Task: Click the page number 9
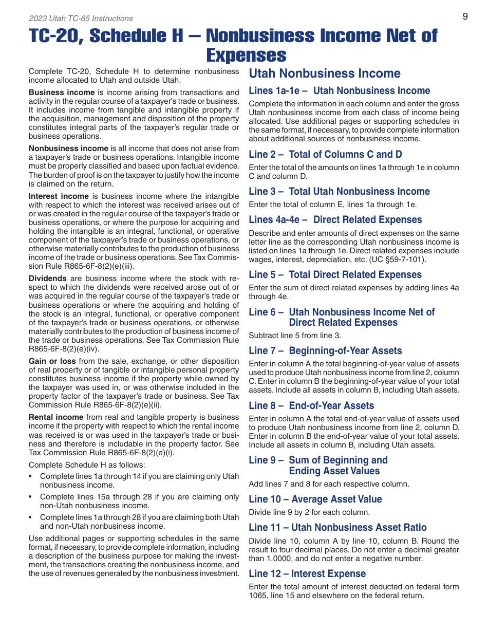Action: tap(465, 16)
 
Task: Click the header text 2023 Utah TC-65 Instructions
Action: tap(81, 18)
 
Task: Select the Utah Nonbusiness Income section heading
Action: tap(324, 73)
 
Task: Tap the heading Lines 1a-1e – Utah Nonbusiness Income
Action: tap(339, 91)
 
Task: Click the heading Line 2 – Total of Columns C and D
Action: tap(325, 155)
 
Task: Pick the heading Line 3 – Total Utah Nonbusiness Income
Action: tap(339, 192)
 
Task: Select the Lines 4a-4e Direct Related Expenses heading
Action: tap(335, 220)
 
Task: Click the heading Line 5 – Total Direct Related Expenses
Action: tap(335, 275)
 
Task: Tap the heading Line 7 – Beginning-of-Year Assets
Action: tap(325, 351)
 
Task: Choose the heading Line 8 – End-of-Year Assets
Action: tap(311, 406)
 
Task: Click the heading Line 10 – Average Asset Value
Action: tap(315, 499)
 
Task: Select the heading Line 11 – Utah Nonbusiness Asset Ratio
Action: tap(337, 528)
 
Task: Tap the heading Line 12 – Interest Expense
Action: tap(307, 574)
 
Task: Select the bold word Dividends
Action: tap(48, 278)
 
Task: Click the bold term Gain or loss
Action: tap(52, 361)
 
